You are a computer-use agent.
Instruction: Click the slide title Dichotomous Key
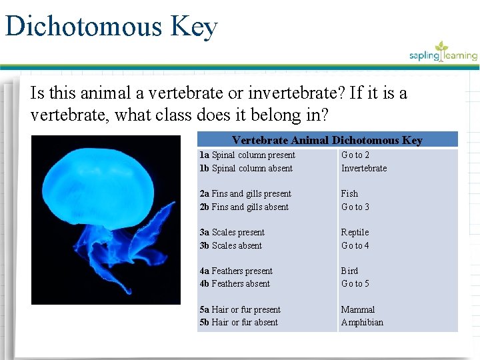pos(111,27)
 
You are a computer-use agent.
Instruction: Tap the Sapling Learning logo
pos(443,53)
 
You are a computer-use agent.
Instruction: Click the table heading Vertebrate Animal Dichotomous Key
pos(327,140)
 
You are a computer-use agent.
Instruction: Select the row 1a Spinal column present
pos(247,155)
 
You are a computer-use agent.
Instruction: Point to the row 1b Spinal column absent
pos(246,168)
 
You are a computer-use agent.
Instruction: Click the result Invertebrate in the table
pos(364,168)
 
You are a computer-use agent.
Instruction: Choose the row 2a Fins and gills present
pos(245,194)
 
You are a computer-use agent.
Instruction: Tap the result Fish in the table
pos(349,194)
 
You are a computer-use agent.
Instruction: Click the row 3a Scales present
pos(232,233)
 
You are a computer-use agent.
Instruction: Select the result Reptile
pos(355,233)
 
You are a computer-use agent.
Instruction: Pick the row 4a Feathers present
pos(236,271)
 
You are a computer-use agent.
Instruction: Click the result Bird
pos(349,271)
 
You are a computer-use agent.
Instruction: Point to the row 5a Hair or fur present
pos(240,310)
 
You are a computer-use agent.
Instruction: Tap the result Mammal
pos(358,310)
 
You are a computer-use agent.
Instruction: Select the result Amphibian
pos(362,323)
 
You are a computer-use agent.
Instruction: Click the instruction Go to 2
pos(355,155)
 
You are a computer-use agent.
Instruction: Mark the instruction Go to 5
pos(355,284)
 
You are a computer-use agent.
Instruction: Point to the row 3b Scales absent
pos(231,245)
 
